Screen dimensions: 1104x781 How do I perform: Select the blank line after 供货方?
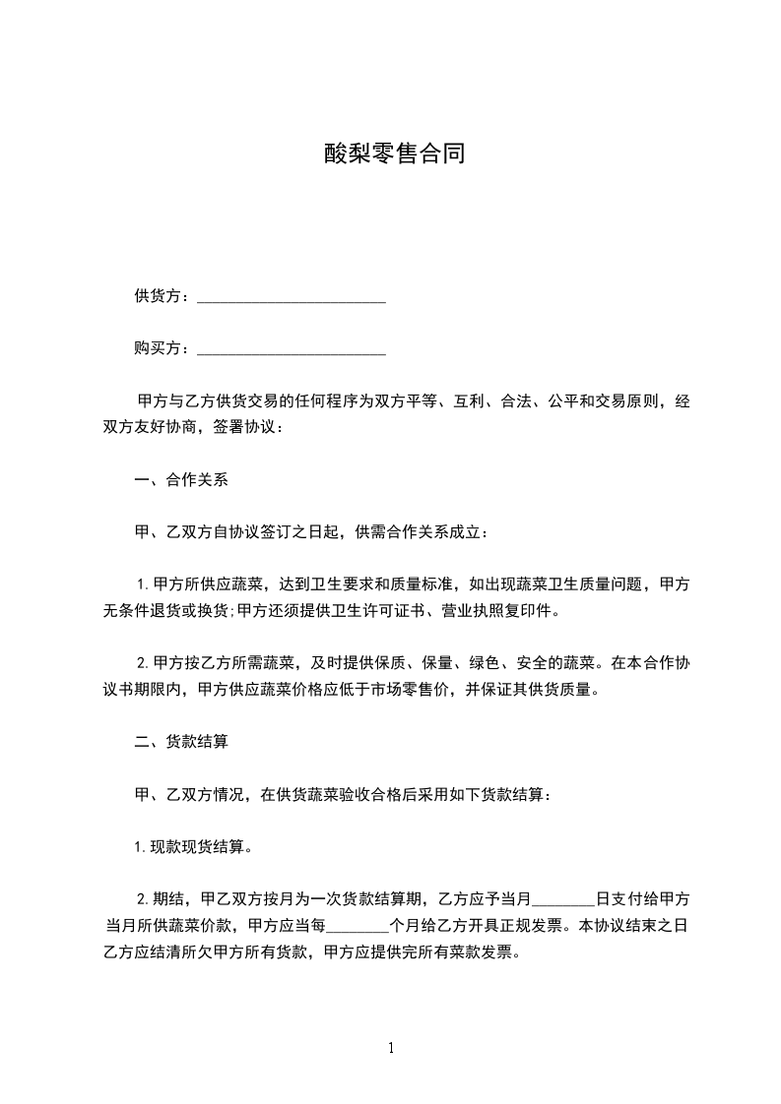292,298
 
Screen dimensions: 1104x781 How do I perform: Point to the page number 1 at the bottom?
391,1047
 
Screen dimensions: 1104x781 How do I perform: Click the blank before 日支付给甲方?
563,899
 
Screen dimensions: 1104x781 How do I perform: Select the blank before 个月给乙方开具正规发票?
358,926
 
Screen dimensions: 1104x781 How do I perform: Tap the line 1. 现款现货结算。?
193,846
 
